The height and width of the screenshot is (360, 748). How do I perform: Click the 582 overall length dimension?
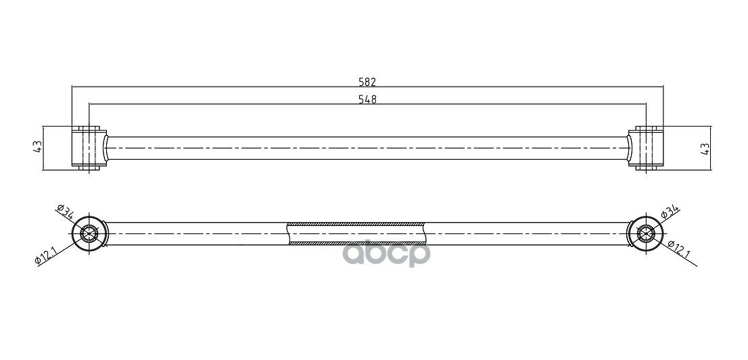pyautogui.click(x=367, y=82)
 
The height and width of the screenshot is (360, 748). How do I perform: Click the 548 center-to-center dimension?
pyautogui.click(x=367, y=99)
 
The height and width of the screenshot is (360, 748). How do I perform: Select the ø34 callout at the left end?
pyautogui.click(x=64, y=212)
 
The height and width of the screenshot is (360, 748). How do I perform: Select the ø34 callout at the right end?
pyautogui.click(x=670, y=212)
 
